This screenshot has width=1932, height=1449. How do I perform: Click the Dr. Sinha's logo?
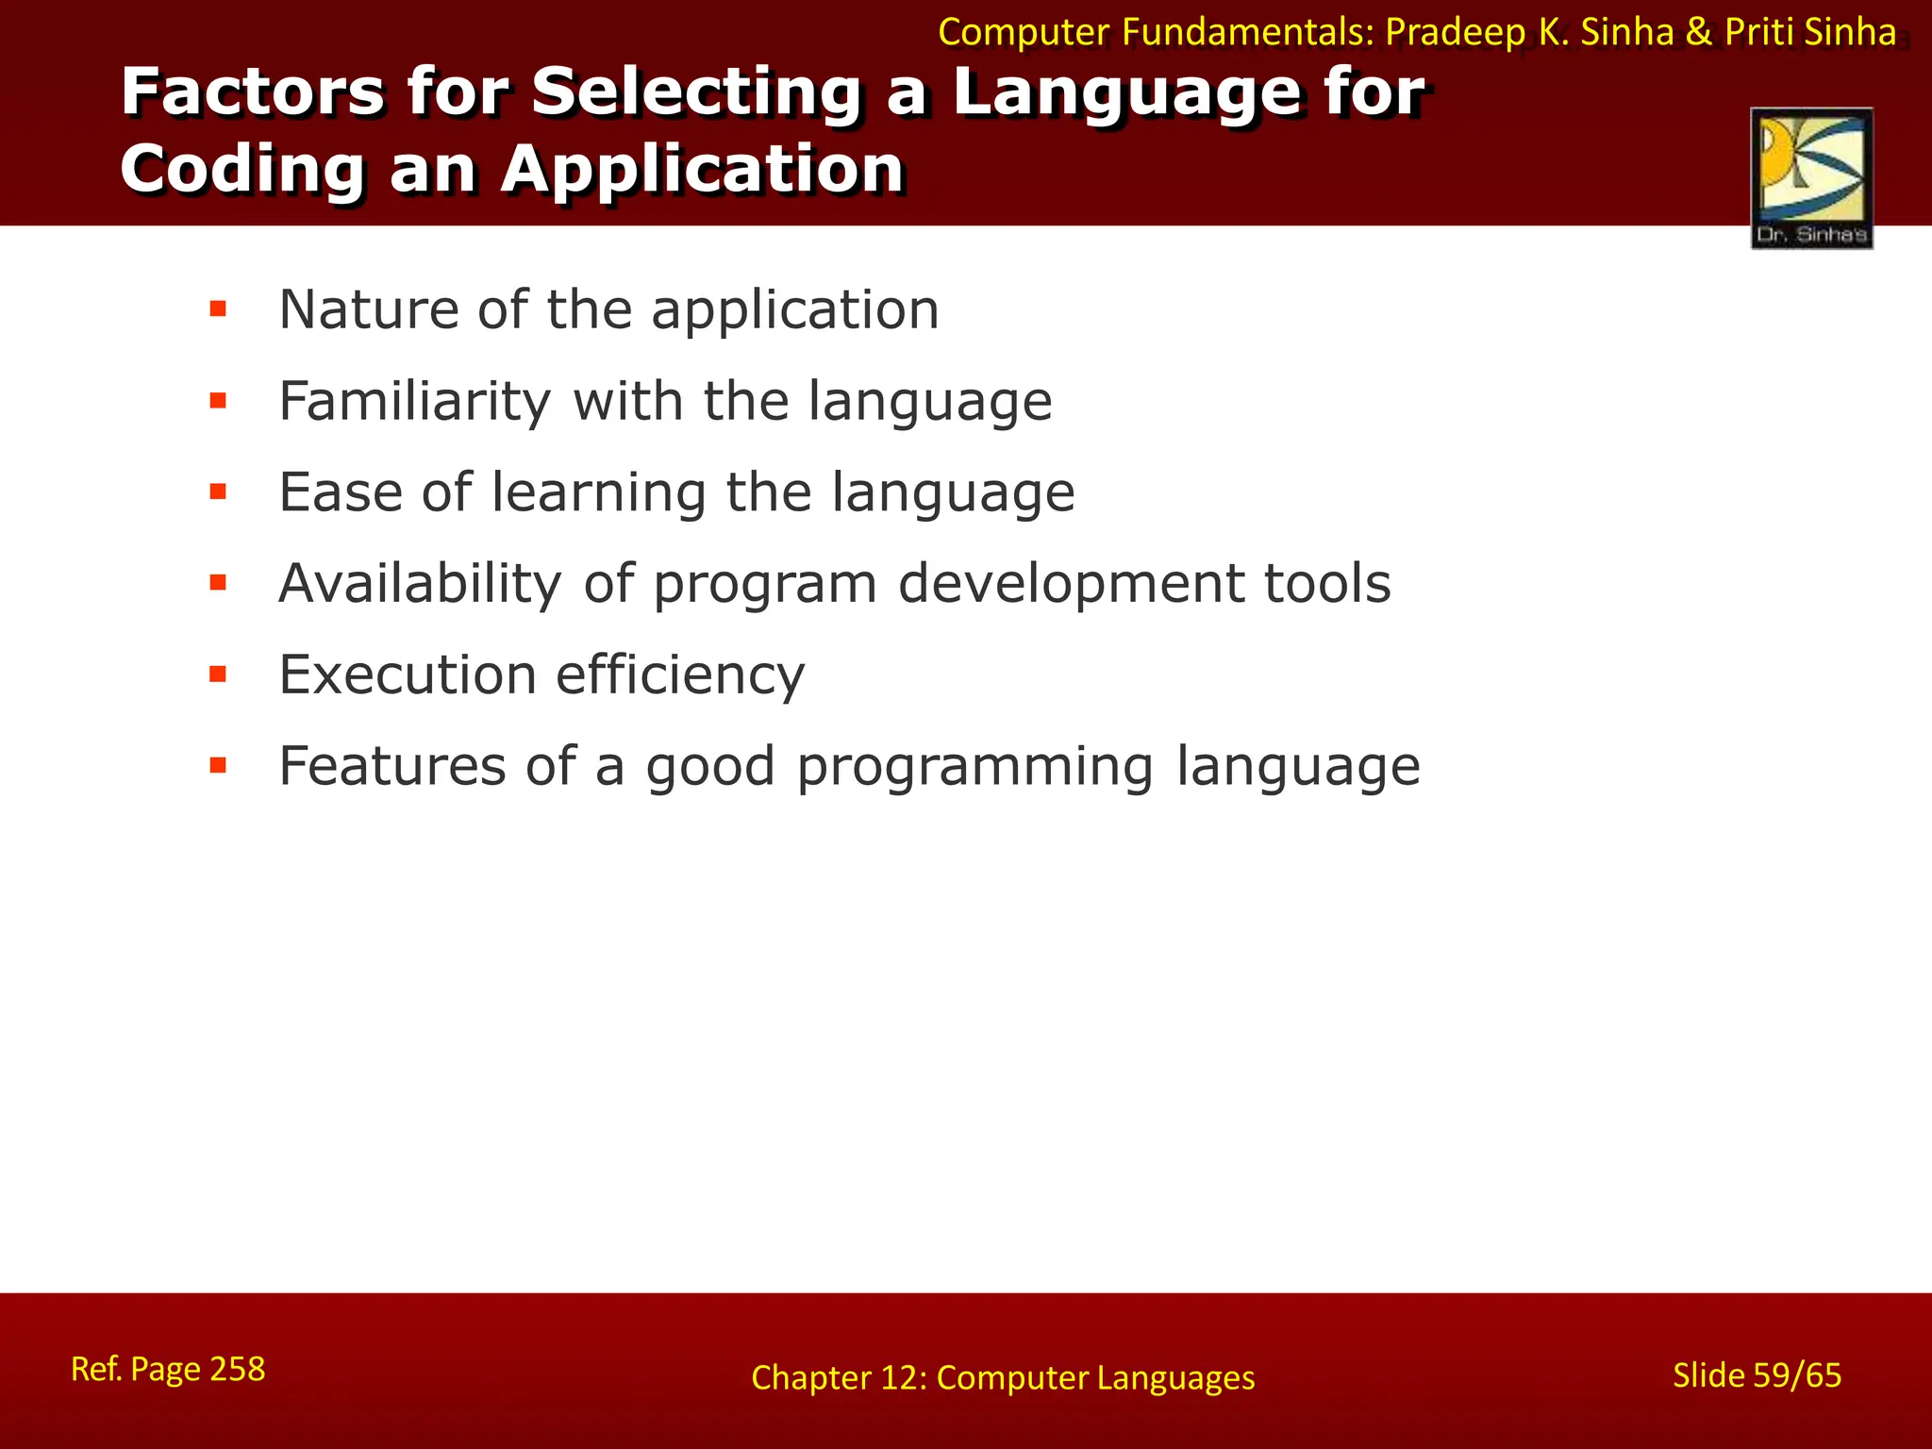(x=1811, y=178)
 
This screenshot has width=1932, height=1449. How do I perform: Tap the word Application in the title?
(x=702, y=170)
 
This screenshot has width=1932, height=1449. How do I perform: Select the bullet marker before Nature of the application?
(x=218, y=309)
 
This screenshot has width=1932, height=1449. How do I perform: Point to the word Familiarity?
(x=414, y=402)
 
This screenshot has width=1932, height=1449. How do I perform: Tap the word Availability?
(x=420, y=584)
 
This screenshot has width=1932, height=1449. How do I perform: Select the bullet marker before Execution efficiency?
(x=218, y=675)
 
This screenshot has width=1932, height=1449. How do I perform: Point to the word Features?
(x=391, y=765)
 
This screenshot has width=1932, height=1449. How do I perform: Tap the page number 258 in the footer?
(x=237, y=1369)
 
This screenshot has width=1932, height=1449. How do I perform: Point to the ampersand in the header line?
(x=1698, y=32)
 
